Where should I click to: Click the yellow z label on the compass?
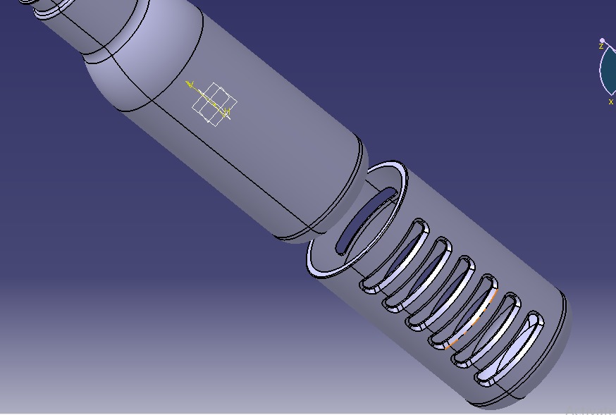[x=600, y=47]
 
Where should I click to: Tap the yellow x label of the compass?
[x=610, y=102]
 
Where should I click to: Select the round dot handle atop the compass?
[x=603, y=41]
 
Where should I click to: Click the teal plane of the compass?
[x=608, y=70]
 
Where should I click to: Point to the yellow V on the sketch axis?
[x=190, y=85]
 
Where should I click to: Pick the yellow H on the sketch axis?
[x=227, y=112]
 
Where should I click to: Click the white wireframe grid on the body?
[x=214, y=104]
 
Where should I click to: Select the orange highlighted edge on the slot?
[x=472, y=322]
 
